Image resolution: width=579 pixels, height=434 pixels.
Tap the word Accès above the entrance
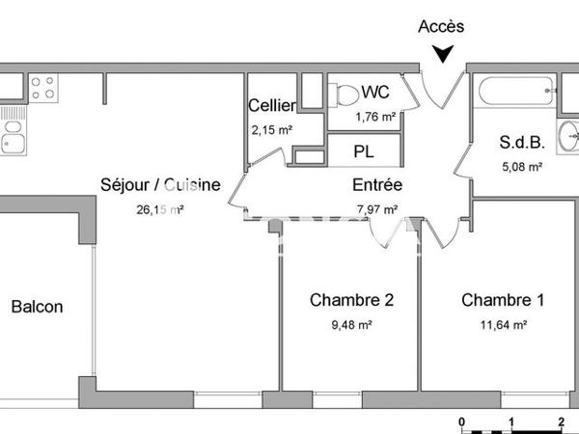pos(441,27)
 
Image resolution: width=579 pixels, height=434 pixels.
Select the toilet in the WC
pos(344,95)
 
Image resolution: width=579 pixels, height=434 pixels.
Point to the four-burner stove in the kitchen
pos(41,89)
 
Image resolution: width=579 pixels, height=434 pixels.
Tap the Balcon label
pos(37,307)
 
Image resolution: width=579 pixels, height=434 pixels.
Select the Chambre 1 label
pos(502,300)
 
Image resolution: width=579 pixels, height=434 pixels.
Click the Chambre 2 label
pos(350,300)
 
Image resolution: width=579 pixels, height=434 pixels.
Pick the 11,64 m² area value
pos(502,326)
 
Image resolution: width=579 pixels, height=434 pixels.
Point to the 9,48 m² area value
pos(350,326)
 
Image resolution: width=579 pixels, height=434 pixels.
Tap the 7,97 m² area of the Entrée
pos(377,208)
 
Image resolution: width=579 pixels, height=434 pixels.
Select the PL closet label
pos(363,151)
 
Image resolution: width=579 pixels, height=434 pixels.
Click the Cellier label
pos(271,105)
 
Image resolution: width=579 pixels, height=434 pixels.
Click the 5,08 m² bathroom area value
pos(521,166)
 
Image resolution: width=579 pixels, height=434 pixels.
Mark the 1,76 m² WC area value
pos(375,117)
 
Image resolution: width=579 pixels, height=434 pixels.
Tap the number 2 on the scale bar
pos(561,421)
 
